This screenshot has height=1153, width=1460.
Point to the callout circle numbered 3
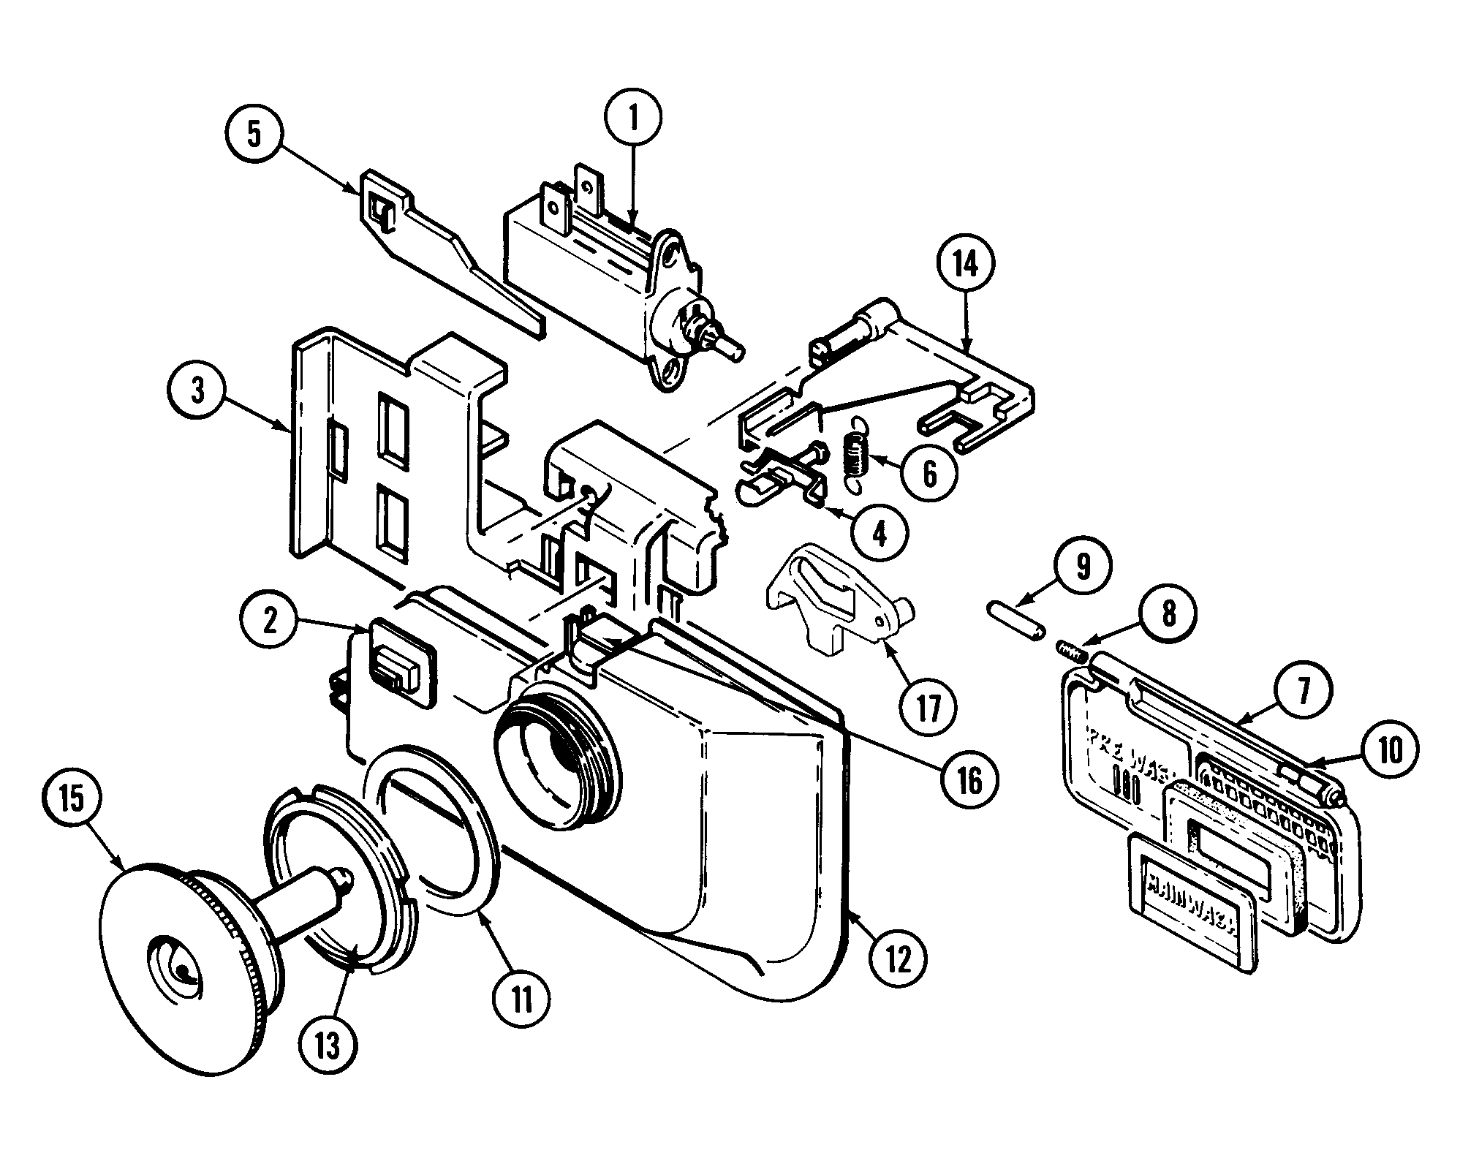197,392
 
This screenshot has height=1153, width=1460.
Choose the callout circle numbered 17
928,707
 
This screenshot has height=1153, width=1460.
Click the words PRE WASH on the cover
1127,749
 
